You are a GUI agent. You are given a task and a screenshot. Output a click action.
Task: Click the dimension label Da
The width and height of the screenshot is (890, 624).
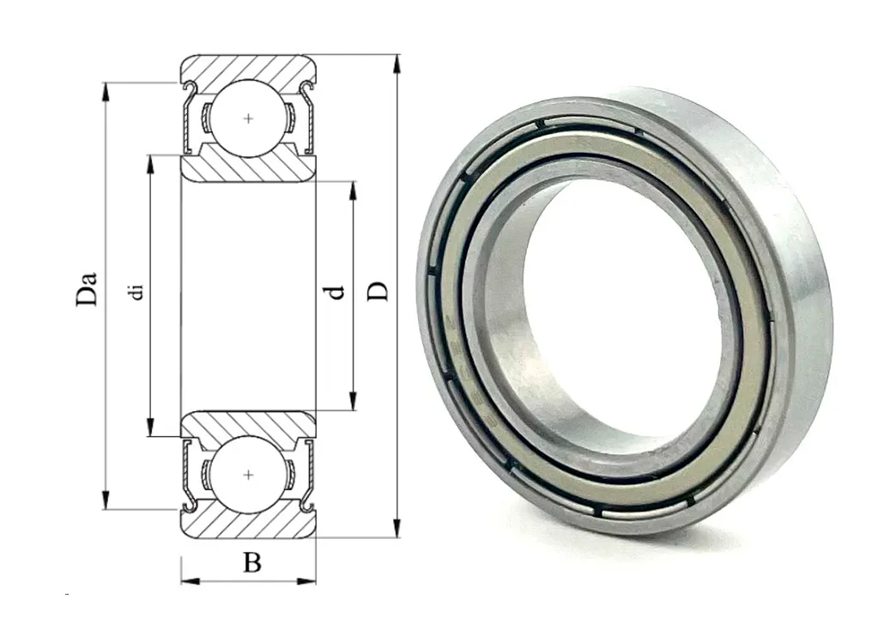pyautogui.click(x=87, y=289)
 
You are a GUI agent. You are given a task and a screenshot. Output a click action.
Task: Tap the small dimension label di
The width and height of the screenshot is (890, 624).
pyautogui.click(x=136, y=292)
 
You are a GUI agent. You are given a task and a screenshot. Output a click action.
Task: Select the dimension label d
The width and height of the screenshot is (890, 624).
pyautogui.click(x=336, y=292)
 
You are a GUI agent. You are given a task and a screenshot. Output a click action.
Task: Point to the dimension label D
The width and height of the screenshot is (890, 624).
pyautogui.click(x=378, y=291)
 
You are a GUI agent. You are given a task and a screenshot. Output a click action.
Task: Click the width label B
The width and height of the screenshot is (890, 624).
pyautogui.click(x=252, y=563)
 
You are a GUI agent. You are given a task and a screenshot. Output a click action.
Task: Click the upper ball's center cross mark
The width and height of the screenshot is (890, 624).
pyautogui.click(x=248, y=118)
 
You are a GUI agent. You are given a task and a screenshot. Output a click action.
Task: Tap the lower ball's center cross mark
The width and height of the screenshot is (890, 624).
pyautogui.click(x=248, y=474)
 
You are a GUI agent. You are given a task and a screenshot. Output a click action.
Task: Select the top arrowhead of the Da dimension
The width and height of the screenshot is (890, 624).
pyautogui.click(x=105, y=93)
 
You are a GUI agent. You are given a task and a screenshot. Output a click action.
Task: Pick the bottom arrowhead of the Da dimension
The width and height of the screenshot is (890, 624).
pyautogui.click(x=105, y=500)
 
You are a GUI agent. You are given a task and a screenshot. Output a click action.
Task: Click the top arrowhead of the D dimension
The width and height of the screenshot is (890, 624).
pyautogui.click(x=397, y=64)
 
